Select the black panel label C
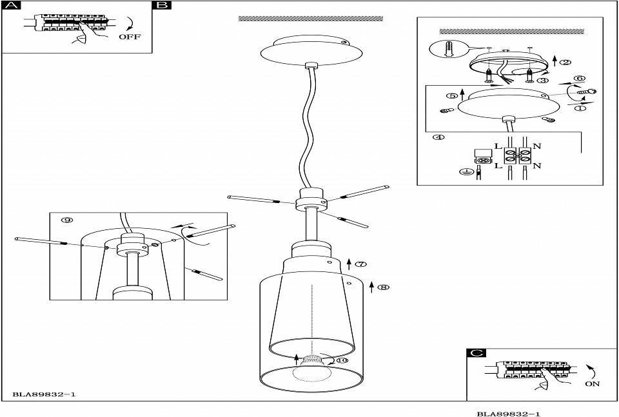tap(476, 353)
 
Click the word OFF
tap(130, 37)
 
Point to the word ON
tap(592, 383)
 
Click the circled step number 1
tap(580, 108)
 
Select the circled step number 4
tap(438, 137)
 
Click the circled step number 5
tap(453, 95)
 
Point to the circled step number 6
tap(580, 78)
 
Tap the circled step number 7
tap(361, 264)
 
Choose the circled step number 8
tap(383, 287)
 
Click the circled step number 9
tap(67, 220)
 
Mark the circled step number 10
tap(342, 360)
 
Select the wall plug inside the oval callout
tap(447, 49)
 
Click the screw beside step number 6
tap(587, 92)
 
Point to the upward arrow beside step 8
tap(371, 287)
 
